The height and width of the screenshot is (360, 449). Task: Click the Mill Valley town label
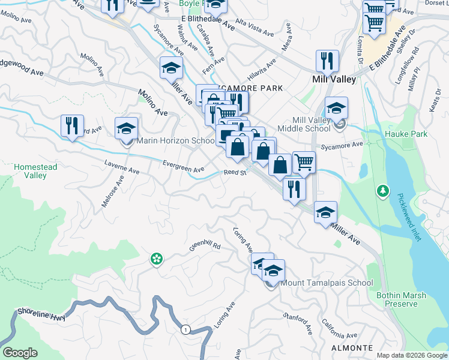click(334, 79)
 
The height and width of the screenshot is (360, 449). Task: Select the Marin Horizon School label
click(176, 141)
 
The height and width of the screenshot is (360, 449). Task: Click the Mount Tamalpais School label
click(327, 283)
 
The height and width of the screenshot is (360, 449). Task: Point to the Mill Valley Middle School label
click(303, 124)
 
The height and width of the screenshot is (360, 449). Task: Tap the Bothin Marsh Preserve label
click(397, 299)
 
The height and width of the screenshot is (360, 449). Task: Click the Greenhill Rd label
click(205, 246)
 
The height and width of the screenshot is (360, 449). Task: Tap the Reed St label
click(235, 173)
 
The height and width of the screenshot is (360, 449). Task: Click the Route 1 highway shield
click(185, 329)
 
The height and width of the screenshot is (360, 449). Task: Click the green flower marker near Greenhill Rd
click(156, 259)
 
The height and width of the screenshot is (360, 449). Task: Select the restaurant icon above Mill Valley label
click(327, 60)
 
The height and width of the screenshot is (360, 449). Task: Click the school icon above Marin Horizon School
click(127, 128)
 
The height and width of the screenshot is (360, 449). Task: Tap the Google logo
click(20, 353)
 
